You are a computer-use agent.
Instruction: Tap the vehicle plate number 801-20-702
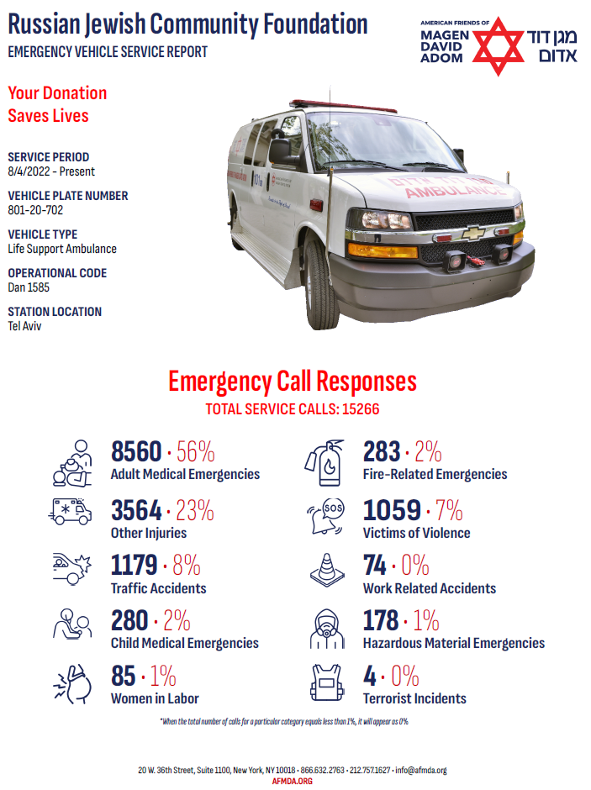tap(35, 210)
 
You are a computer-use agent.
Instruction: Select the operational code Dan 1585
tap(29, 287)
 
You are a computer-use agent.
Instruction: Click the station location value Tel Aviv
tap(24, 326)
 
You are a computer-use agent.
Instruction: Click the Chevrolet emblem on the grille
tap(472, 233)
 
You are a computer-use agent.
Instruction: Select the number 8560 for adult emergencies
tap(136, 453)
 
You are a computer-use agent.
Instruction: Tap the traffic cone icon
tap(326, 570)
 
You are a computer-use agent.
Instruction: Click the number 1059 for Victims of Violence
tap(392, 511)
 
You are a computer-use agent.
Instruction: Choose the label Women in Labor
tap(155, 698)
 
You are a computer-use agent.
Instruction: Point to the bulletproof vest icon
tap(326, 682)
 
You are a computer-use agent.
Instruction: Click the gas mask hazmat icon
tap(326, 627)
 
